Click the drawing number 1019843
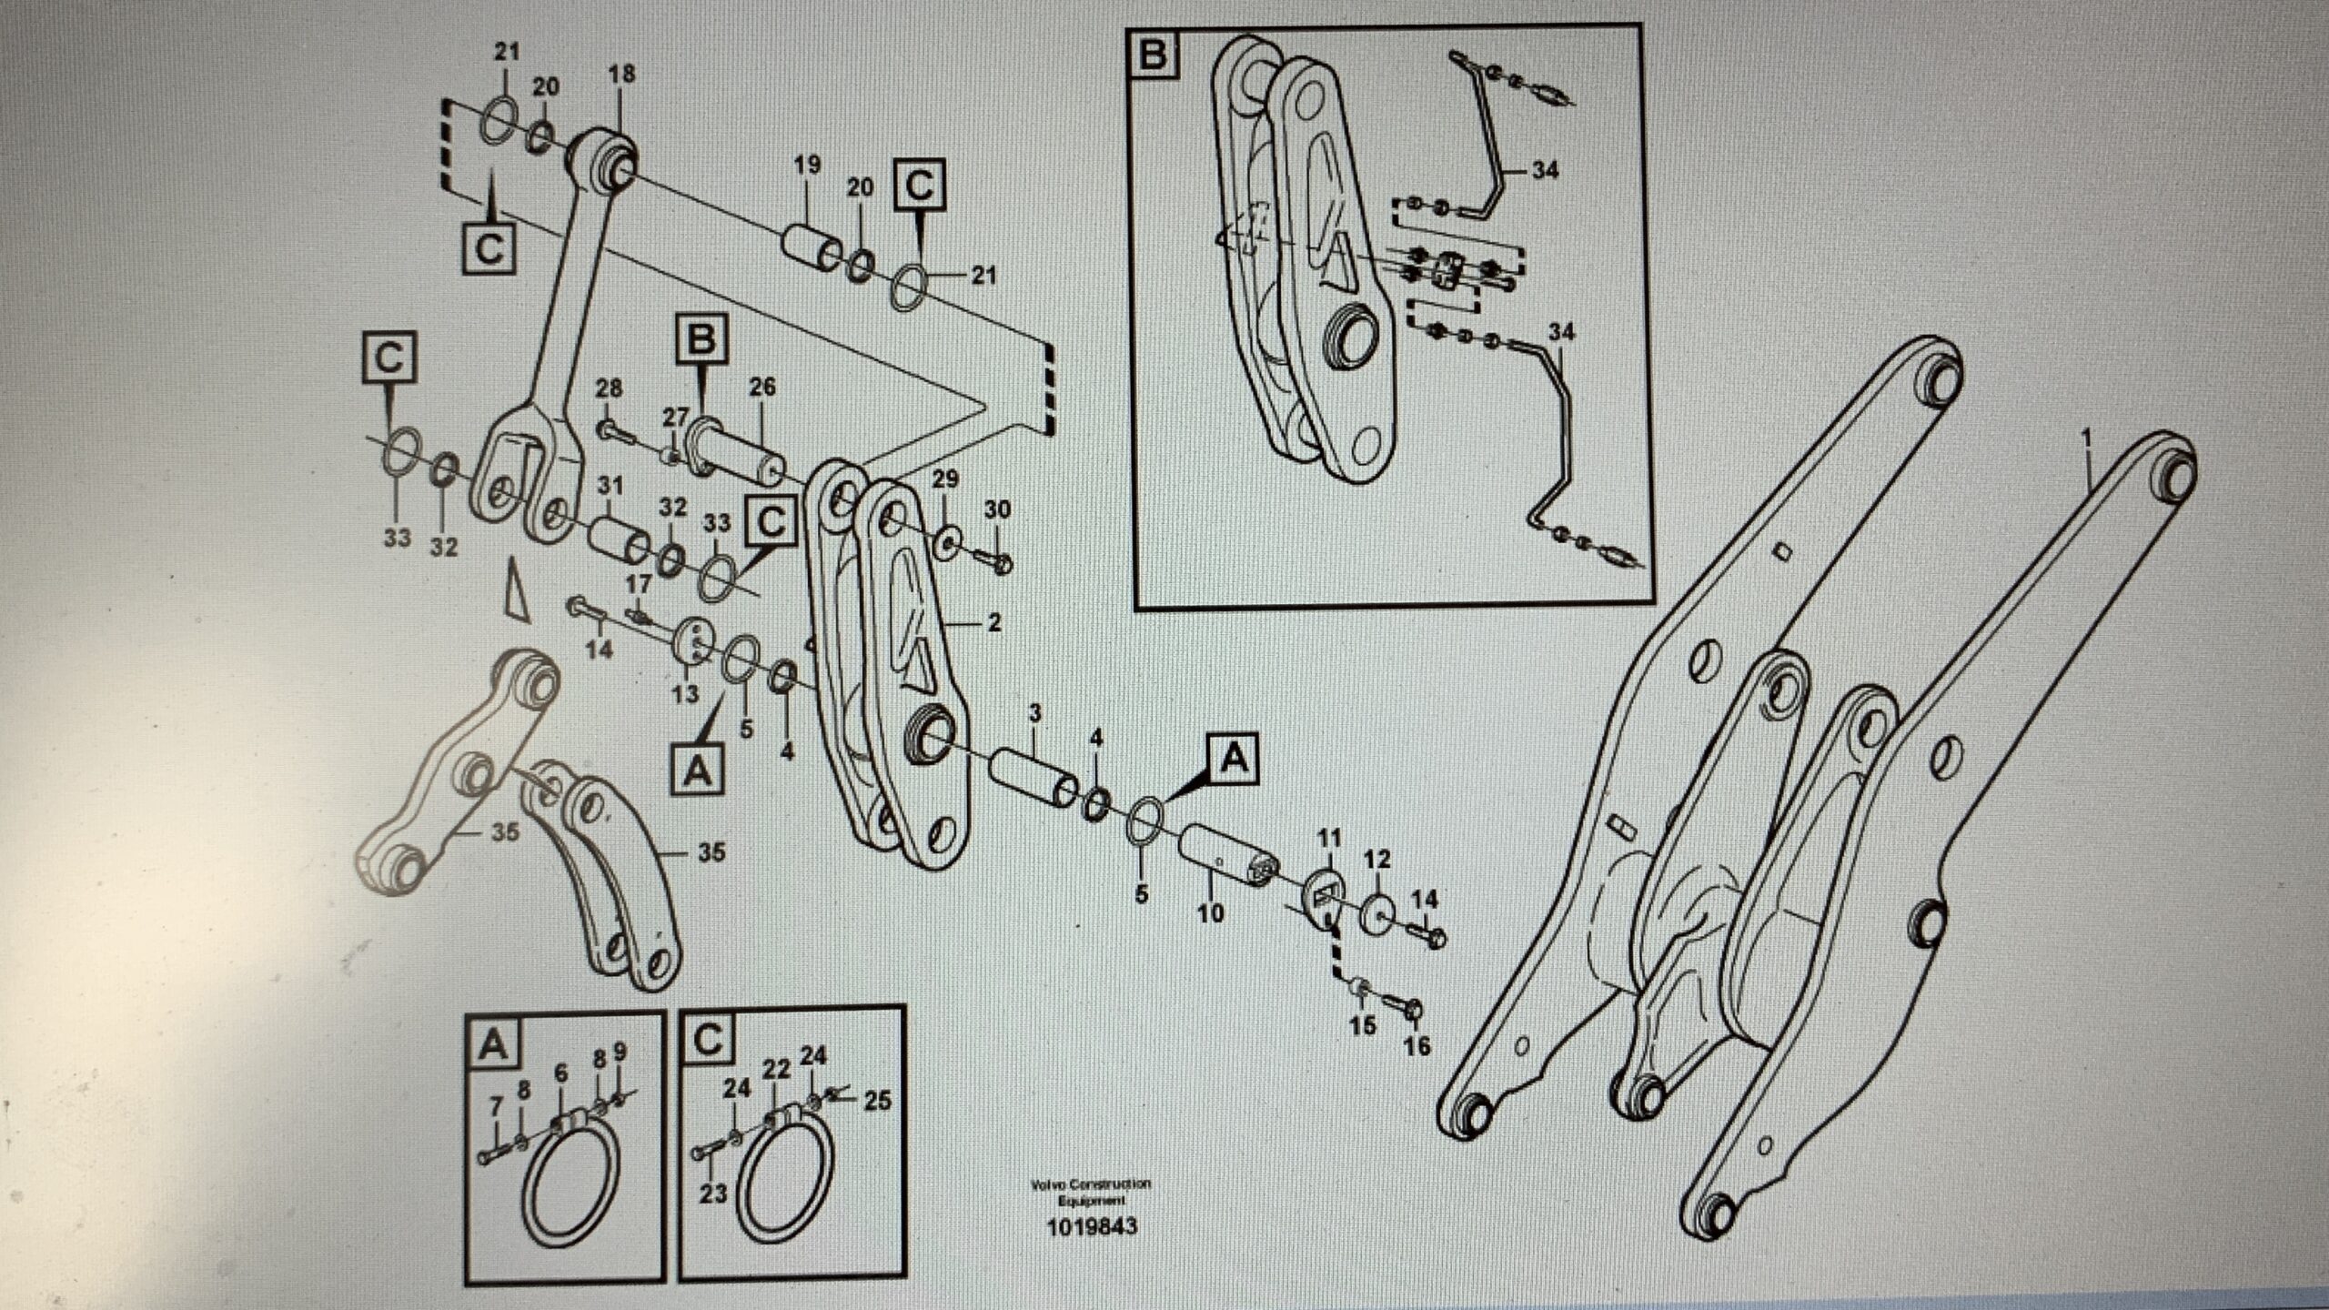tap(1092, 1226)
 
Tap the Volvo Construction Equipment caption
tap(1091, 1191)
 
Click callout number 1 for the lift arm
tap(2087, 441)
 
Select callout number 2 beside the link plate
tap(993, 622)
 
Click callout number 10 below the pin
tap(1211, 912)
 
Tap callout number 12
tap(1377, 859)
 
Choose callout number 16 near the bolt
tap(1417, 1046)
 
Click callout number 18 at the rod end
tap(622, 75)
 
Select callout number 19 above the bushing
tap(806, 165)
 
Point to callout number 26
tap(762, 387)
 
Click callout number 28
tap(609, 388)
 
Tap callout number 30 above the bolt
tap(997, 509)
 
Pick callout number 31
tap(610, 486)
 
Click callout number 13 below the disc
tap(685, 694)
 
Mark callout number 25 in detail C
tap(877, 1102)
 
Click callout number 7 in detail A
tap(496, 1107)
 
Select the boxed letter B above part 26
tap(701, 340)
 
